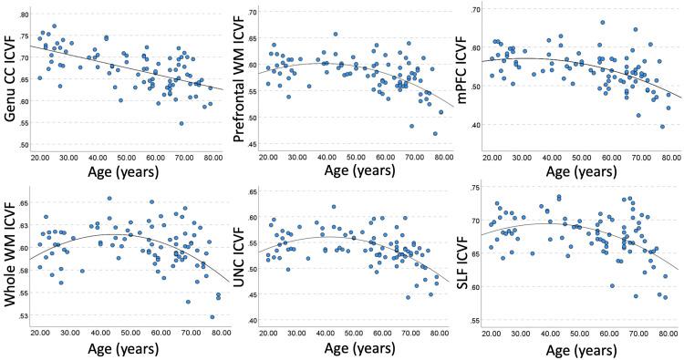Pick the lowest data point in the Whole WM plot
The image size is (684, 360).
pos(212,316)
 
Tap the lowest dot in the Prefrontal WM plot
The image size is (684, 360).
pos(435,133)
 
